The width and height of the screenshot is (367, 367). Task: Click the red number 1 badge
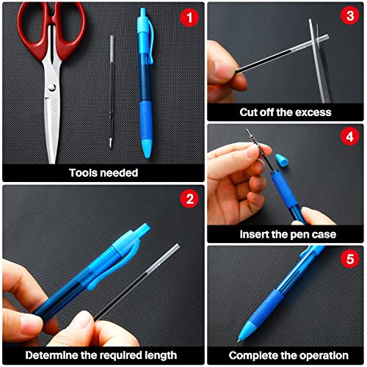[189, 18]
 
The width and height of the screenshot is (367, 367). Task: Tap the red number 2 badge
[190, 199]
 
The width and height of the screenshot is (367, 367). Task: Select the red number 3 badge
[350, 15]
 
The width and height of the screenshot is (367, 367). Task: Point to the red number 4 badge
[350, 137]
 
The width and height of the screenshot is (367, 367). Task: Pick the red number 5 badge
[350, 258]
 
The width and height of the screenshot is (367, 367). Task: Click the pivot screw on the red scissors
[52, 87]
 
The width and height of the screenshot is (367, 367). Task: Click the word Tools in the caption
[81, 172]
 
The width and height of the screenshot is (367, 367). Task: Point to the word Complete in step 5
[252, 355]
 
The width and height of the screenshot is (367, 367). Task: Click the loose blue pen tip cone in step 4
[281, 161]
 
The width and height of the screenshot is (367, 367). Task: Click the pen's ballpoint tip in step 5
[239, 340]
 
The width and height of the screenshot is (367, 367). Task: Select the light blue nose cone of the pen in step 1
[148, 149]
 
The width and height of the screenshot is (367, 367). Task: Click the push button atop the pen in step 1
[142, 12]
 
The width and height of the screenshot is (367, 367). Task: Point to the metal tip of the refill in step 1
[111, 143]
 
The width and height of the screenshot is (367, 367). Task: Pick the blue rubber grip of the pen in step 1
[146, 120]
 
